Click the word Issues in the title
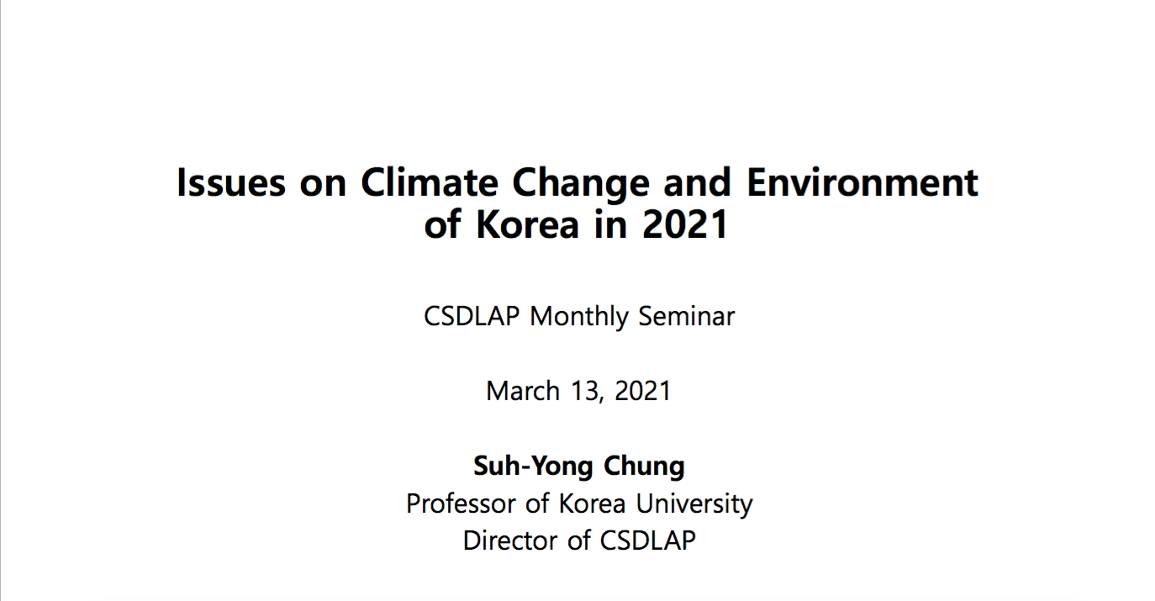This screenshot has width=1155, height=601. [231, 183]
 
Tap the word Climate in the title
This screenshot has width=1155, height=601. [430, 183]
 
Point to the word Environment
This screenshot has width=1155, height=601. [862, 183]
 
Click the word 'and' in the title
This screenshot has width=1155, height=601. [698, 183]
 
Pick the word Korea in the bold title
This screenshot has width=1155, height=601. [528, 224]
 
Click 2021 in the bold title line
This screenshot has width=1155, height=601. [685, 224]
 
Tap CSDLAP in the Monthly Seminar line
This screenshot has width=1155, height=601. [472, 316]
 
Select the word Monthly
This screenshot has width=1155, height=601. [579, 318]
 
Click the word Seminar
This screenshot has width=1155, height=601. [687, 316]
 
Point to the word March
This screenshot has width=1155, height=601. [523, 391]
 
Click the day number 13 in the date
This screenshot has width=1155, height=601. [586, 392]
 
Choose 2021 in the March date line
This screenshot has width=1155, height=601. [642, 391]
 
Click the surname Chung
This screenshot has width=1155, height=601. [644, 467]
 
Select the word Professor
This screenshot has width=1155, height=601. [461, 503]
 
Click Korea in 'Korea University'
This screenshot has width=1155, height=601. [592, 503]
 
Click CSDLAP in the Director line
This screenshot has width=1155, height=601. [647, 540]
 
